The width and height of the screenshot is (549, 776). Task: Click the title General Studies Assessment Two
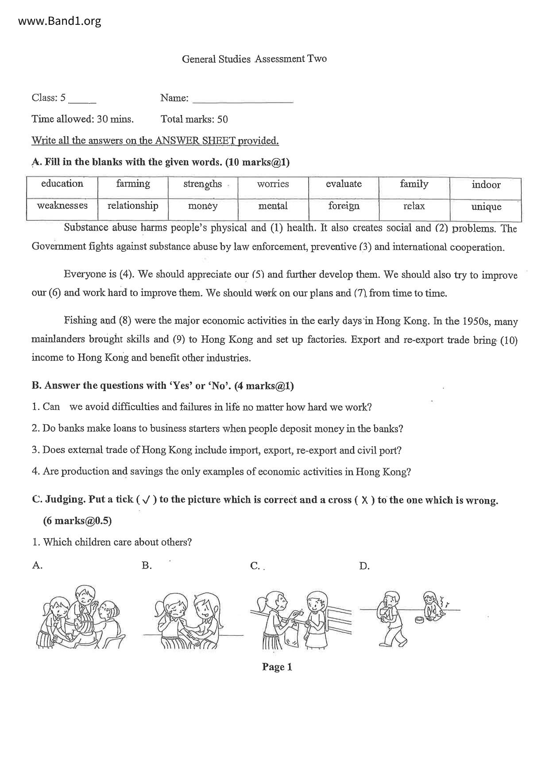[x=254, y=59]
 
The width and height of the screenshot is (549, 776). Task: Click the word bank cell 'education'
[x=62, y=184]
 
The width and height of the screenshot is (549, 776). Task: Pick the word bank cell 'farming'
[x=133, y=184]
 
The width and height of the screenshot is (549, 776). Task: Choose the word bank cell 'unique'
[x=486, y=207]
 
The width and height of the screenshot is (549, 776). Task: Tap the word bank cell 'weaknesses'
[x=62, y=206]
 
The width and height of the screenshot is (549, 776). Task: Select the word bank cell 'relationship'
[x=133, y=206]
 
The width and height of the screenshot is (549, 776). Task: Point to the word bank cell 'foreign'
[x=344, y=206]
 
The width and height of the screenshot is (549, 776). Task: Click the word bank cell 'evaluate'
[x=344, y=184]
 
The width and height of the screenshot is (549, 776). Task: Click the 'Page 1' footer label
[x=277, y=667]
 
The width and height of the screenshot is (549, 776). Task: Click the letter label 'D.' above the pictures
[x=364, y=566]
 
